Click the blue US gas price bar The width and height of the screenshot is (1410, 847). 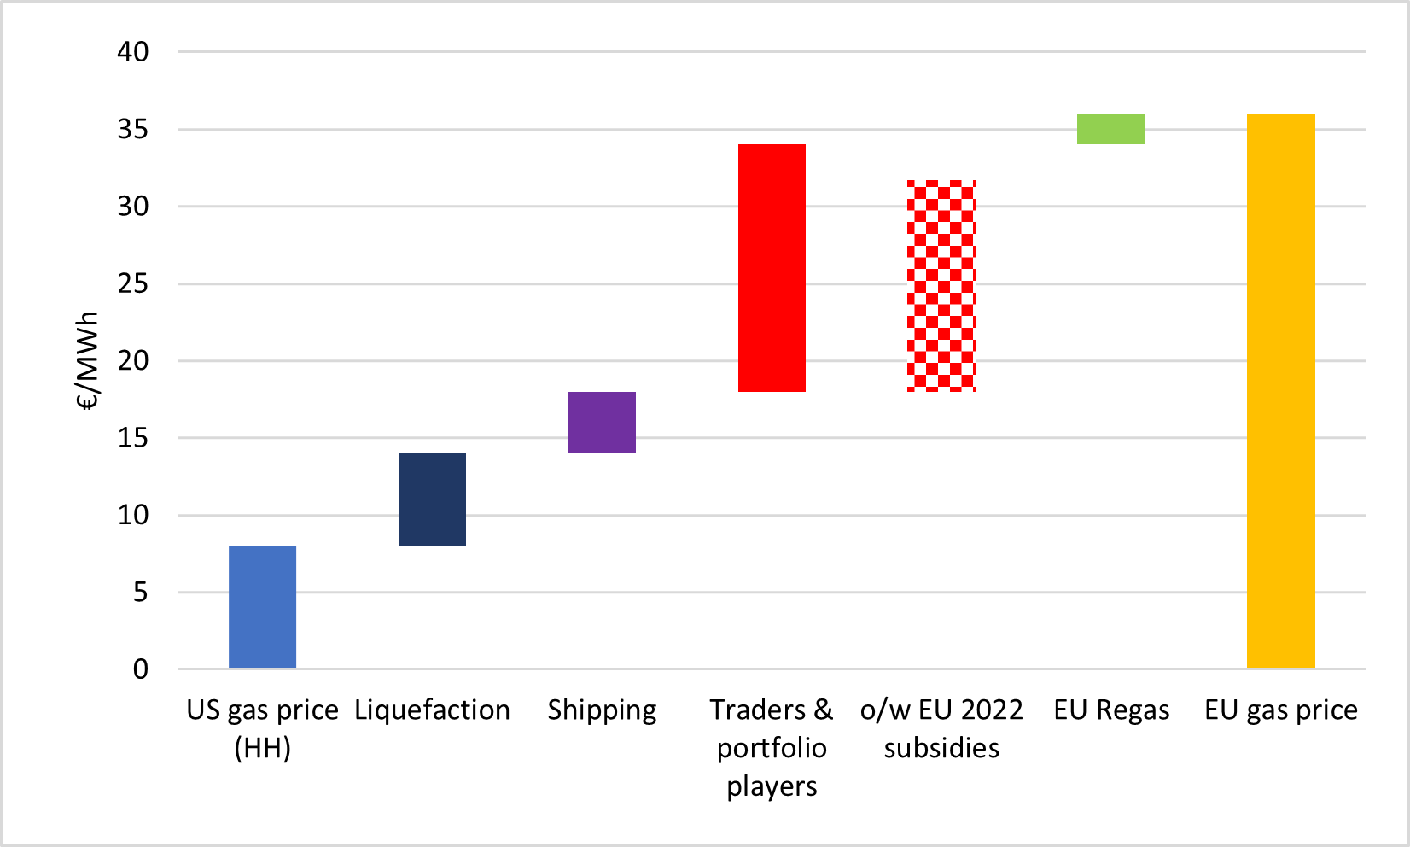(x=262, y=606)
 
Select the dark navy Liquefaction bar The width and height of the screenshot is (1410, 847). (x=432, y=499)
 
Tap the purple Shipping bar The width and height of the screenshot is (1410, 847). (x=602, y=423)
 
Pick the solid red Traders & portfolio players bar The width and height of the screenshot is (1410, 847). (x=772, y=268)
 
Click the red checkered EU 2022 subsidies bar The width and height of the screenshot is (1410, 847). (x=941, y=286)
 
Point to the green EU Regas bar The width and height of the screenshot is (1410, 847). (x=1110, y=129)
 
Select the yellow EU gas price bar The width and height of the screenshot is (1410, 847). (x=1280, y=390)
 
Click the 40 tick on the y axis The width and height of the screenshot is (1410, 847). (x=133, y=52)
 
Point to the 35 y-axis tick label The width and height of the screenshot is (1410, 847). (x=133, y=130)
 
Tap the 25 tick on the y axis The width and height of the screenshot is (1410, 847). (x=133, y=283)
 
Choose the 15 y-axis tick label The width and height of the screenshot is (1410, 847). (x=133, y=438)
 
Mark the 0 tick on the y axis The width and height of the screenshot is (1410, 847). (x=141, y=669)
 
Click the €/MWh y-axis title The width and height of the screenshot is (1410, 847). (x=89, y=361)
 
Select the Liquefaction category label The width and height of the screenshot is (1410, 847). (x=432, y=710)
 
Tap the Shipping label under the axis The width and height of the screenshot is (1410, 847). (x=602, y=710)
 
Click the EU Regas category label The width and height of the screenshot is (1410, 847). (x=1111, y=710)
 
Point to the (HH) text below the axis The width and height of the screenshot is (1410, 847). (x=263, y=749)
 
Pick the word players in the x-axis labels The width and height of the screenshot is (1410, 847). (x=772, y=786)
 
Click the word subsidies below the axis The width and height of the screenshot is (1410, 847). (x=941, y=749)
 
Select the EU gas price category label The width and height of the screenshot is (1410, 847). (x=1280, y=710)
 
